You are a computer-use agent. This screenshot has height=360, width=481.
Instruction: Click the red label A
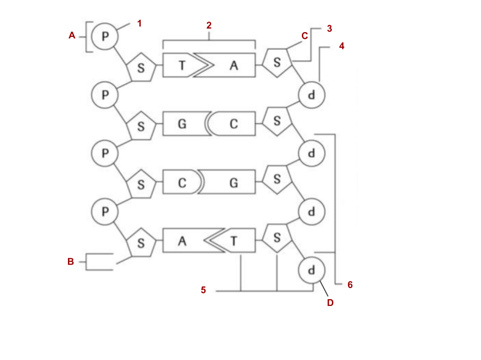[x=72, y=35]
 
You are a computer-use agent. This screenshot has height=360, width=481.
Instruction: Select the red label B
[x=70, y=261]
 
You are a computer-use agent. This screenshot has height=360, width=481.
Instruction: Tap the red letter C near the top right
[x=304, y=36]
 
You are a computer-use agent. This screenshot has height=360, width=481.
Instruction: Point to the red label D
[x=330, y=303]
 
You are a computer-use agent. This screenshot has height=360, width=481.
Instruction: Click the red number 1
[x=139, y=23]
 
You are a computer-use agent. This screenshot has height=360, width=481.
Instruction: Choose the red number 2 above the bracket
[x=209, y=25]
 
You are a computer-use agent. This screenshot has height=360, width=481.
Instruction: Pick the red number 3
[x=329, y=29]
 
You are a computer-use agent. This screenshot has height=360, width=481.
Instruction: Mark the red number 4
[x=342, y=46]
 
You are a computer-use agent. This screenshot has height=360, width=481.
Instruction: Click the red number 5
[x=203, y=290]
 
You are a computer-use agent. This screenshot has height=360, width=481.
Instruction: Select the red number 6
[x=350, y=284]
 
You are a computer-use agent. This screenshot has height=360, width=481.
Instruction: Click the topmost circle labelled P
[x=105, y=36]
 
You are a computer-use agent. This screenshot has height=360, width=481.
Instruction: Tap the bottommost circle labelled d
[x=311, y=269]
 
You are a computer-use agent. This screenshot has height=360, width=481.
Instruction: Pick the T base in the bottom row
[x=234, y=241]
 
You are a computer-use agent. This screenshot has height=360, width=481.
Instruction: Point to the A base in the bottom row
[x=182, y=241]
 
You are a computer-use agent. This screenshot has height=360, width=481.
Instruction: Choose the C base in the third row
[x=181, y=182]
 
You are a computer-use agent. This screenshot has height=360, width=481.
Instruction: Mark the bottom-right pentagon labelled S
[x=277, y=238]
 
